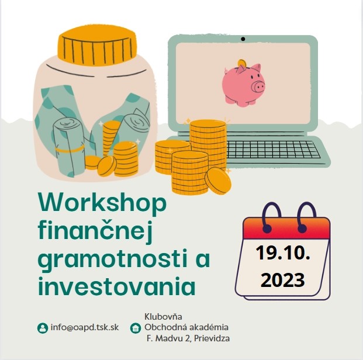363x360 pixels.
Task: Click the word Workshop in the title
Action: tap(102, 203)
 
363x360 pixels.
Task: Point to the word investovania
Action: tap(117, 285)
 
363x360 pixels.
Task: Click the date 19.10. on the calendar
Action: tap(283, 253)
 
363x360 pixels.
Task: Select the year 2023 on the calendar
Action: tap(283, 280)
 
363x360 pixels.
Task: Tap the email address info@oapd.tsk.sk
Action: tap(85, 327)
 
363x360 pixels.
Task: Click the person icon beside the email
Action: tap(43, 328)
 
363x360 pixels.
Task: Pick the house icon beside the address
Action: tap(136, 328)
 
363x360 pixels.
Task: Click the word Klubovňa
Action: tap(163, 316)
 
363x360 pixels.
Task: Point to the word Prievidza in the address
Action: tap(212, 338)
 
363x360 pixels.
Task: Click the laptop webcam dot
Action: tap(243, 39)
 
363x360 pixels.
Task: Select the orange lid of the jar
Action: tap(97, 44)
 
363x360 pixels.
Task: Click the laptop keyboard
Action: tap(273, 150)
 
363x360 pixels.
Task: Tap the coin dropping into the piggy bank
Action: tap(242, 63)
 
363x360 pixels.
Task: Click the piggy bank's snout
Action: tap(258, 86)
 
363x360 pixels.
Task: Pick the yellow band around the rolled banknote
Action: tap(70, 149)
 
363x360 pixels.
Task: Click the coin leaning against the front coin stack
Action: tap(218, 181)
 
